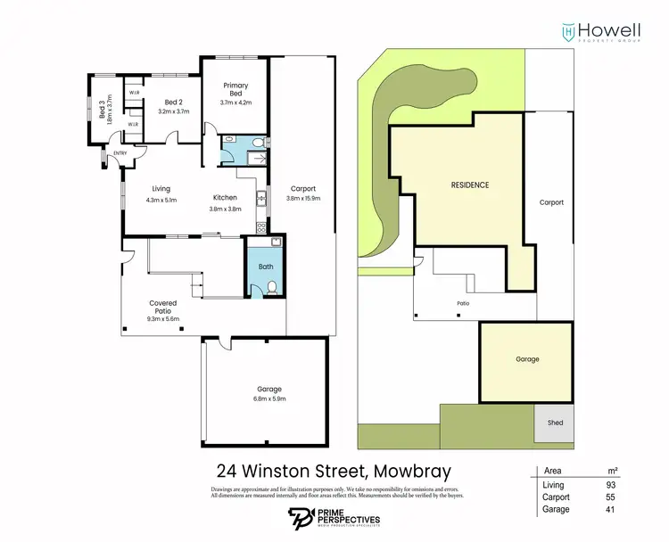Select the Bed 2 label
174,102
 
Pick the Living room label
161,188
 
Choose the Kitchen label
225,197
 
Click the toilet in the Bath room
273,286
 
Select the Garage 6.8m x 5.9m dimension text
269,398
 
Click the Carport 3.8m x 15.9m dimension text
302,199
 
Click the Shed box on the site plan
555,423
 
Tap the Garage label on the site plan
526,358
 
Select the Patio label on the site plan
463,304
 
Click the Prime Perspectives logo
335,518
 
